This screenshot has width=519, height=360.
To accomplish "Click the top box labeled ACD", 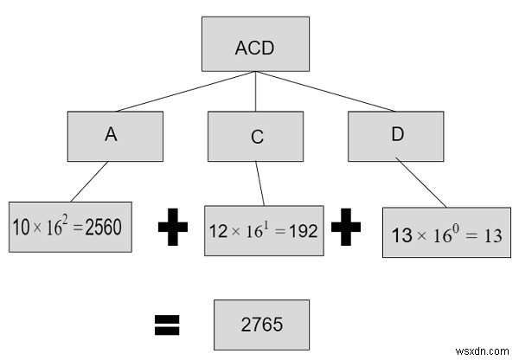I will coord(253,45).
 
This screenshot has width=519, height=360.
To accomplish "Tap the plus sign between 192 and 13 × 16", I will coord(345,230).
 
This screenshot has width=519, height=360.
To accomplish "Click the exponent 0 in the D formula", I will coord(460,224).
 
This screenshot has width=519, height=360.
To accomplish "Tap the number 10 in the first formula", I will coord(22,228).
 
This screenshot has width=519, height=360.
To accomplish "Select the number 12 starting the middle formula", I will coord(217,231).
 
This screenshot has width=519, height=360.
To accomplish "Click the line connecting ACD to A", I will coord(186,92).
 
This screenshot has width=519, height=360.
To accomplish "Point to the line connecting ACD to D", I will coord(324,92).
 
